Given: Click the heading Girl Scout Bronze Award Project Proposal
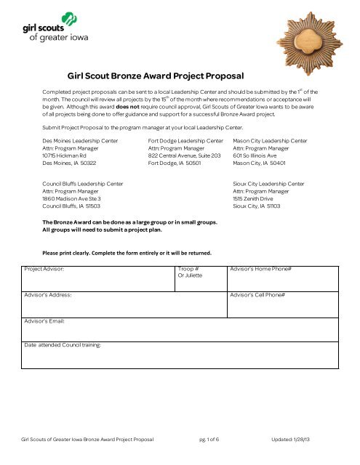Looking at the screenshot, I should pos(155,74).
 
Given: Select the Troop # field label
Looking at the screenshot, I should pos(188,269).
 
